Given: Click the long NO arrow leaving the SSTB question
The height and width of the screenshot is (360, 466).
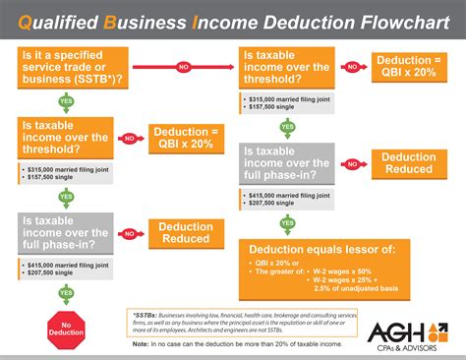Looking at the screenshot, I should (183, 69).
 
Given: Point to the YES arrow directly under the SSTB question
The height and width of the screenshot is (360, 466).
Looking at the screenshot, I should (65, 101).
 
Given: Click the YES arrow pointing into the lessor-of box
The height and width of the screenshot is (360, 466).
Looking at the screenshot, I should (287, 222).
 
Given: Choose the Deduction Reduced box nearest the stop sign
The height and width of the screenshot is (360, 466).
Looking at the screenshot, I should (185, 233).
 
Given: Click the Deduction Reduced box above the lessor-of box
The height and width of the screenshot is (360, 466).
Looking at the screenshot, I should (408, 163).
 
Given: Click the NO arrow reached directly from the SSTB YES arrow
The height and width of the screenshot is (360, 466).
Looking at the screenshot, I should (129, 139).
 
